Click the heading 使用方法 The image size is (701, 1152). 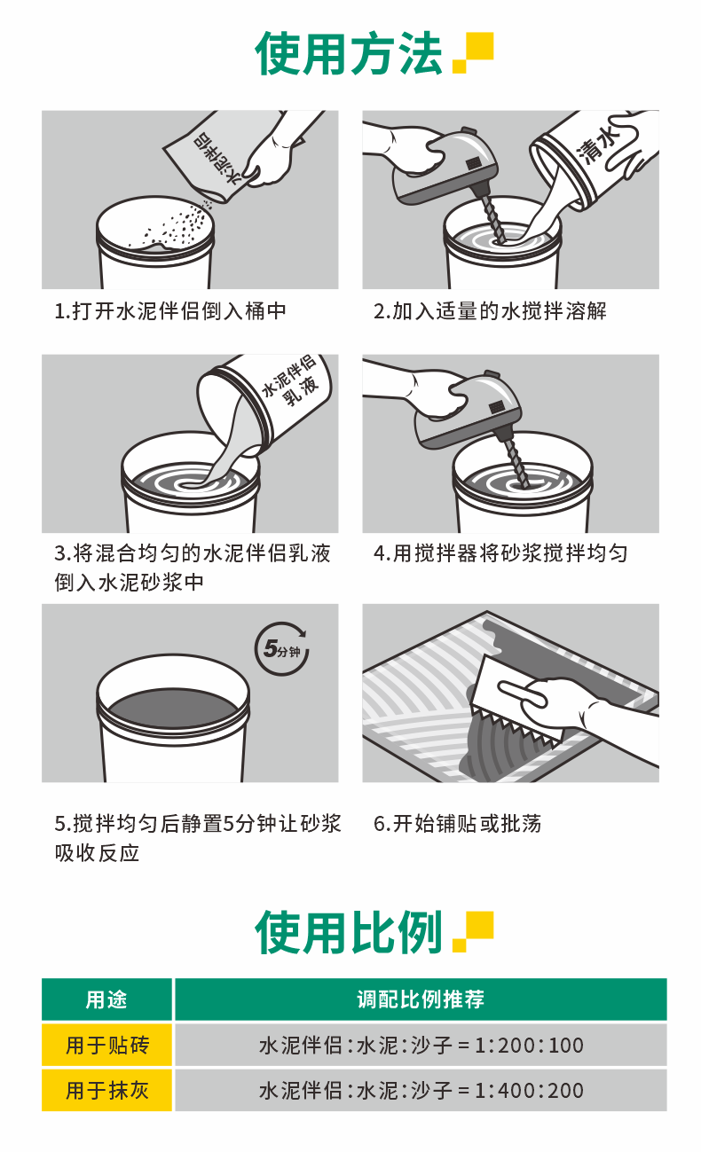point(349,53)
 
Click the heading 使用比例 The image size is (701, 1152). point(349,932)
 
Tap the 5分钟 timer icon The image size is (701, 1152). point(282,648)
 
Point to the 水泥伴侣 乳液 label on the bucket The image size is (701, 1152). point(291,380)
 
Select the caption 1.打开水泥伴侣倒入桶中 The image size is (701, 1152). point(170,311)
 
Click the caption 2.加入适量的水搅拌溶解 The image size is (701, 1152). point(490,311)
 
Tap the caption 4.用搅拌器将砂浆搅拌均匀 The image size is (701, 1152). point(500,554)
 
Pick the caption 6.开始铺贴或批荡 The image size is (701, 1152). point(458,823)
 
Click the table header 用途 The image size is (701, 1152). point(106,999)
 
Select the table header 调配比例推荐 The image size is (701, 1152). point(421,999)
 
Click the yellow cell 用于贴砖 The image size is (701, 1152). point(106,1045)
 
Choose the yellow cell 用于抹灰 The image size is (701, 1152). point(106,1090)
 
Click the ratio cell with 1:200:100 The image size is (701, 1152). point(421,1045)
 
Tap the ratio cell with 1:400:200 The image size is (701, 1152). point(421,1090)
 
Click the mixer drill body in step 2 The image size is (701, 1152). point(445,165)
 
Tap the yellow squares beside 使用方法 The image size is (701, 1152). point(472,53)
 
